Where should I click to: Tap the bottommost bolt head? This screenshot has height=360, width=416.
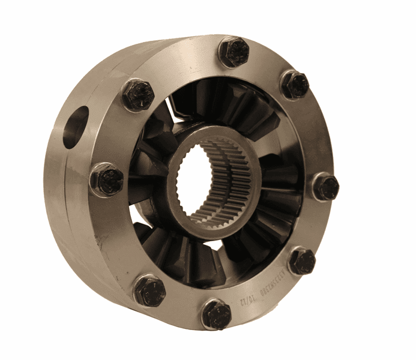pos(216,314)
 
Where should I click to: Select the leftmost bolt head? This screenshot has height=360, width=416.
pos(108,180)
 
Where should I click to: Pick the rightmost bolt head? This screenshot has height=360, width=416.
pos(326,187)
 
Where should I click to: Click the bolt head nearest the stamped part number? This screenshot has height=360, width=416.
pos(301,261)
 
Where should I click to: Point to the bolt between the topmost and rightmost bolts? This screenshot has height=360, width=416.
pos(295,85)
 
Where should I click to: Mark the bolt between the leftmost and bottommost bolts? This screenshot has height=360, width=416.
pos(149,290)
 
